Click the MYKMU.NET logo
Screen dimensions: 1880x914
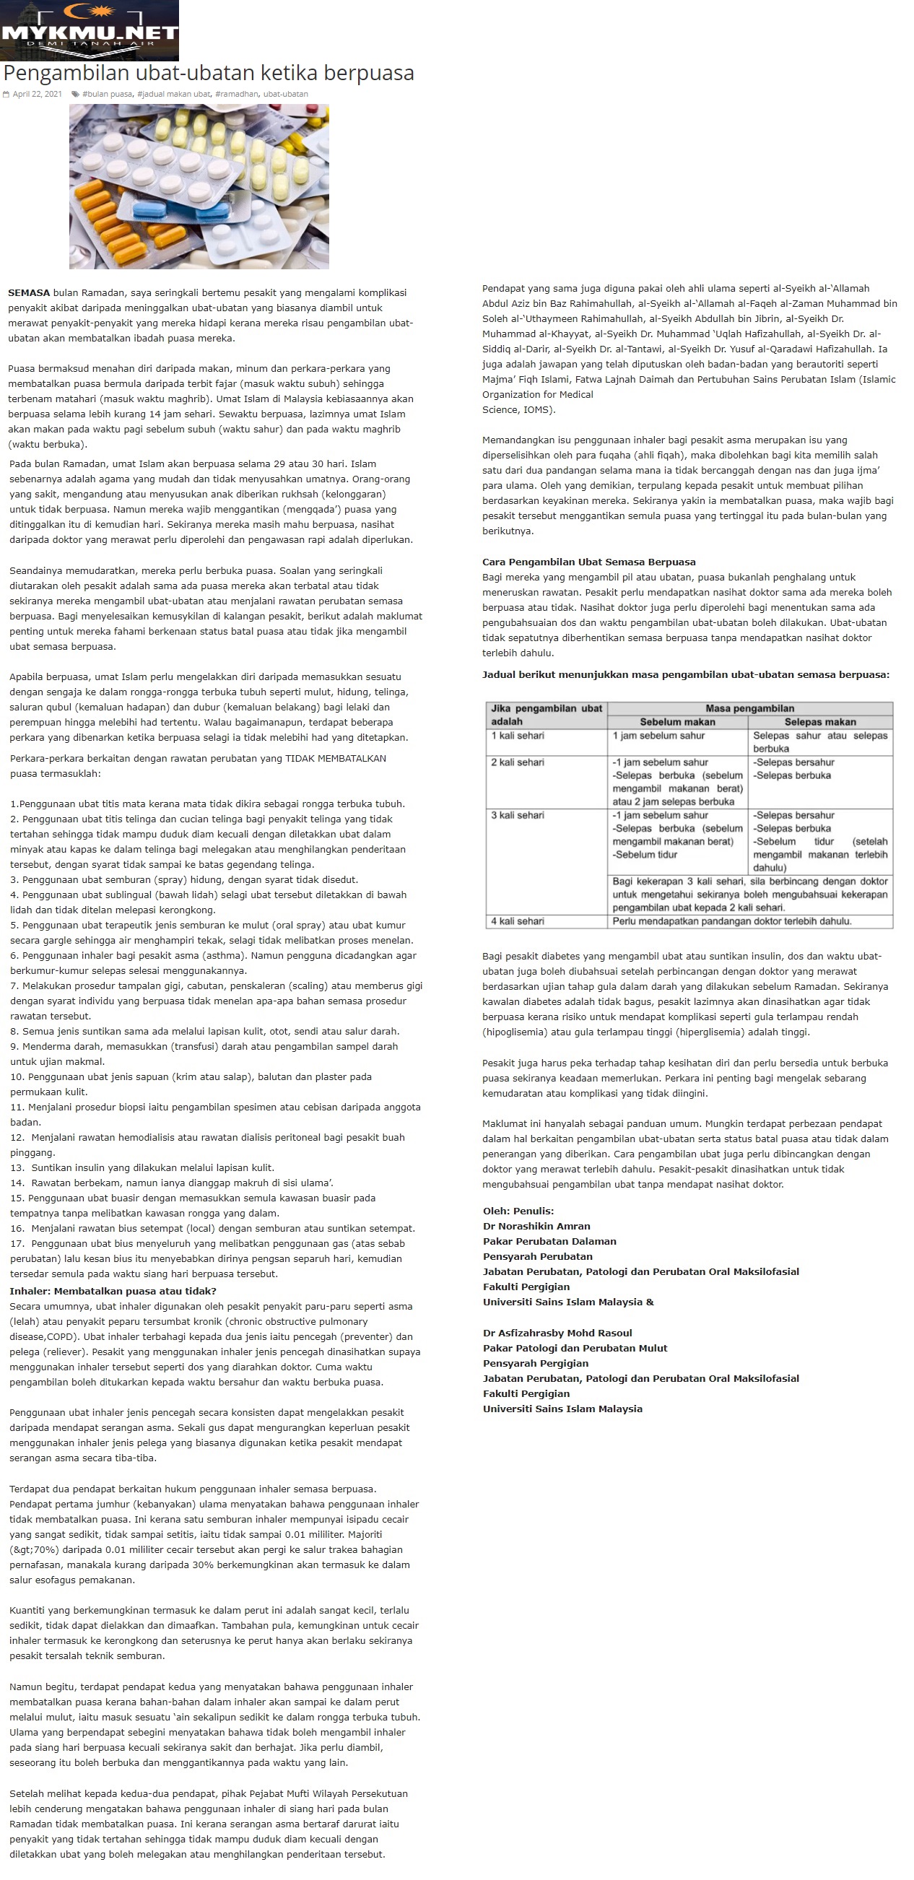coord(89,30)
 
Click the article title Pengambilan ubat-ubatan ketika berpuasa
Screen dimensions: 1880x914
coord(209,73)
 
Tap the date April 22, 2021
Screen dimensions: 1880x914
coord(37,94)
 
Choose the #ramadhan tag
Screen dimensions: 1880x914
coord(237,94)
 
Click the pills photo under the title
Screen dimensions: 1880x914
coord(199,186)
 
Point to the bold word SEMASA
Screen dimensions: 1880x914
coord(28,292)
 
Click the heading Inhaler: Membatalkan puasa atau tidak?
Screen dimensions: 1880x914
coord(113,1291)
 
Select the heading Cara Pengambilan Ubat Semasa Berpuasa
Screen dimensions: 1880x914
coord(588,562)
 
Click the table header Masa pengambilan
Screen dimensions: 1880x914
coord(749,708)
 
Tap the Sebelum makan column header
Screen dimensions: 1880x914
coord(676,722)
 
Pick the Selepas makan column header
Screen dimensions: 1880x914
coord(820,722)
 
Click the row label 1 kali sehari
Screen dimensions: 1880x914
coord(517,736)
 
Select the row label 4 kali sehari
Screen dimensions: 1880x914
coord(517,921)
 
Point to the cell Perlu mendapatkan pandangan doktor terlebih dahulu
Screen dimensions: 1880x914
coord(731,921)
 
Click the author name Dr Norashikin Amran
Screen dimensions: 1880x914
coord(536,1226)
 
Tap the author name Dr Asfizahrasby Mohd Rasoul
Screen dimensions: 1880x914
coord(557,1333)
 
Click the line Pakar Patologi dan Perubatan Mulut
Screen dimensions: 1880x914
coord(575,1348)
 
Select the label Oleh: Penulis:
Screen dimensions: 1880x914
coord(518,1211)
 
